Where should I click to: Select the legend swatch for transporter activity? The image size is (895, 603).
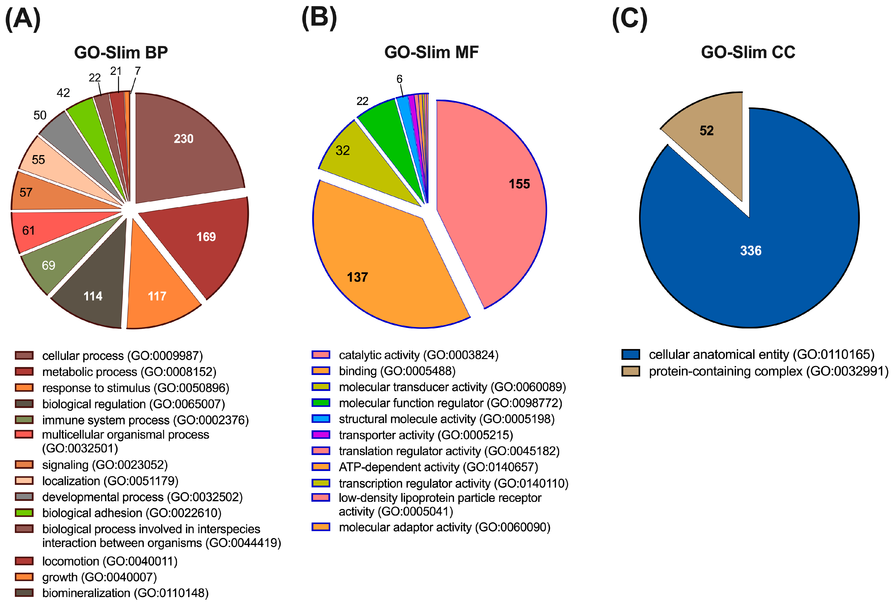tap(321, 434)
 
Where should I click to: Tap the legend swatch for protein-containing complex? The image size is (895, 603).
tap(631, 371)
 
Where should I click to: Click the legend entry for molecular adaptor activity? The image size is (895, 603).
tap(444, 527)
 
